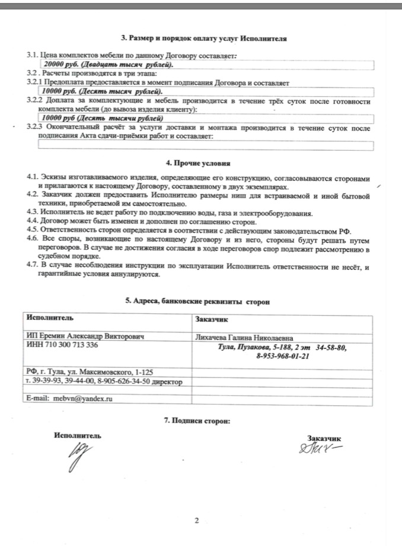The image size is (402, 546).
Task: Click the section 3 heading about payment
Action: pyautogui.click(x=204, y=39)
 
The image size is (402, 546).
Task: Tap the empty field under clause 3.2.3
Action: pyautogui.click(x=205, y=145)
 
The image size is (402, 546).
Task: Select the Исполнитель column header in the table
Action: pyautogui.click(x=50, y=319)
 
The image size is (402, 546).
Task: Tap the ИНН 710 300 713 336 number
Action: pyautogui.click(x=63, y=345)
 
